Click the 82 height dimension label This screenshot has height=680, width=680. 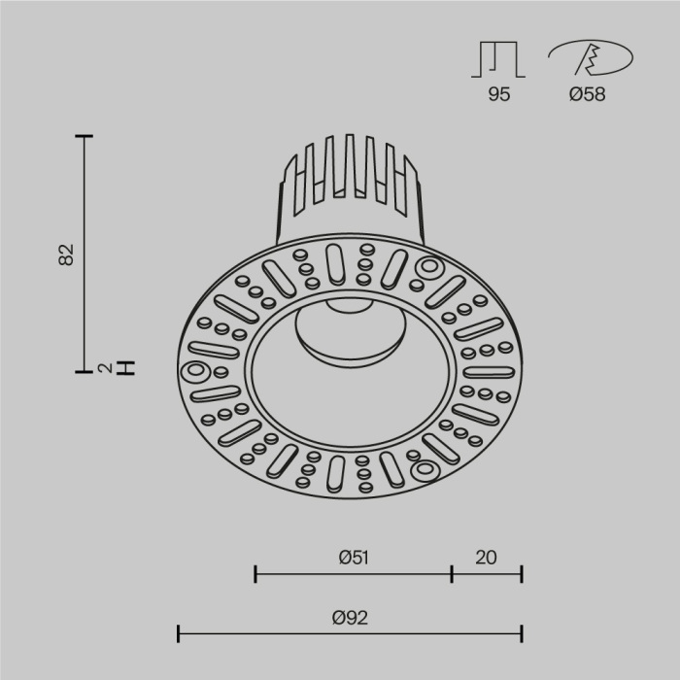(66, 255)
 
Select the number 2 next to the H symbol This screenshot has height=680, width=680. (104, 368)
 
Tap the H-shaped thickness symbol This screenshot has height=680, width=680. (125, 368)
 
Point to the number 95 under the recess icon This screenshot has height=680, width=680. (498, 95)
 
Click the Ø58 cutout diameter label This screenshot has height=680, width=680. (587, 95)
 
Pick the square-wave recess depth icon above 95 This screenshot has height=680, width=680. (498, 59)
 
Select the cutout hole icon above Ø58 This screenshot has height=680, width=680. (588, 59)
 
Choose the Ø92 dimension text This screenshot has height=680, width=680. (350, 617)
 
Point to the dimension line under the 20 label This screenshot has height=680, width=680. (487, 574)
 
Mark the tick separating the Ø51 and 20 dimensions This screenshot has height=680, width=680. (452, 574)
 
